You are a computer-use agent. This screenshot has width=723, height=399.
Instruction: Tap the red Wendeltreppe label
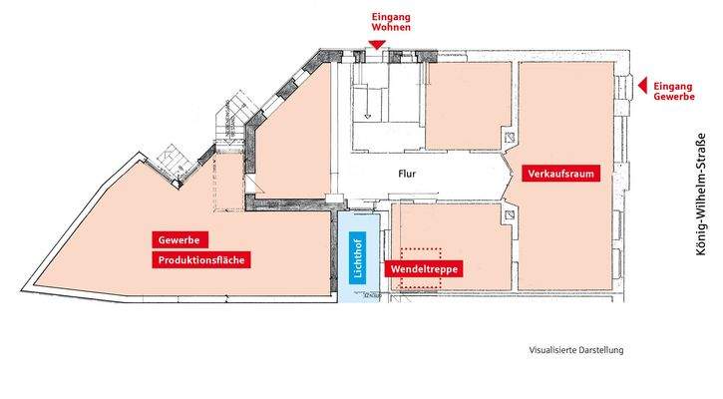[x=424, y=269]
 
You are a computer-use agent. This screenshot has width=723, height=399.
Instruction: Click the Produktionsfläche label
[x=199, y=260]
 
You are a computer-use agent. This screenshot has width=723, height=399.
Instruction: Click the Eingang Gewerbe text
[x=674, y=92]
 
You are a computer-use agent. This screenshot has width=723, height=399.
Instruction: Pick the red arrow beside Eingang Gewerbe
[x=642, y=86]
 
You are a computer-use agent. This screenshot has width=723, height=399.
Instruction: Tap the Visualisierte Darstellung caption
[x=575, y=350]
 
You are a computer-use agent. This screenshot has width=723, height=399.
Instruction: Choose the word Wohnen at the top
[x=390, y=31]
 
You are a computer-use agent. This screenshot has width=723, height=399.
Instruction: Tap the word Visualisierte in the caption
[x=551, y=350]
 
